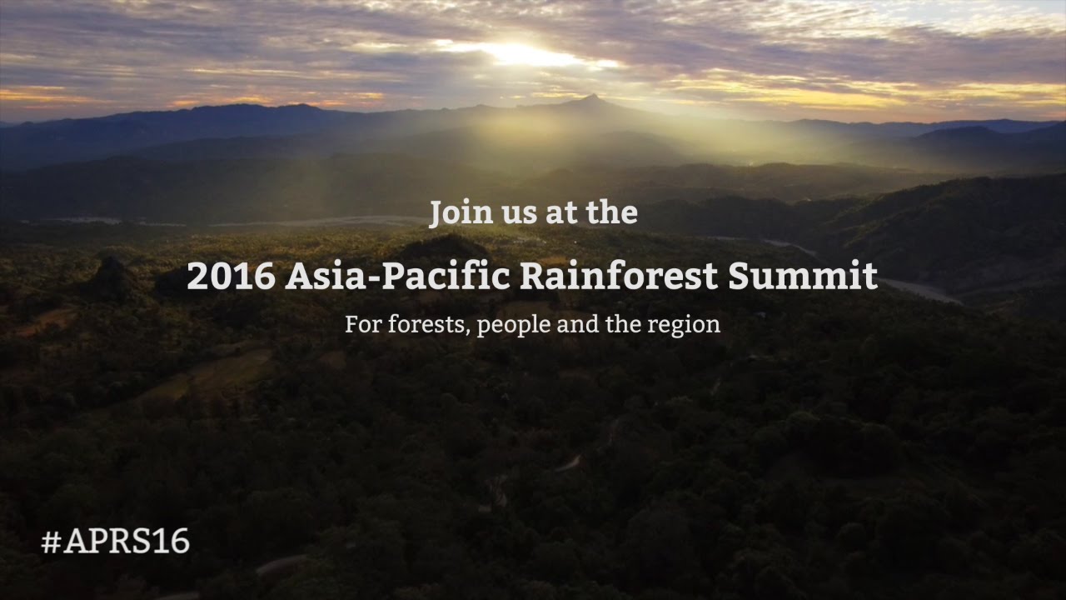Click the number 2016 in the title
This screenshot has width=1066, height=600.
click(x=231, y=277)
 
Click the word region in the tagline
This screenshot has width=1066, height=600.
click(x=688, y=325)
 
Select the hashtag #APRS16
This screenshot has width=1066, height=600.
click(x=116, y=542)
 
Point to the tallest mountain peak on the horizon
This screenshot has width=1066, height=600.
click(x=591, y=99)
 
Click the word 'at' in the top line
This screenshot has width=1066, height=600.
click(x=560, y=214)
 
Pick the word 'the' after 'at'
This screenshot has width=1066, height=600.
click(x=611, y=213)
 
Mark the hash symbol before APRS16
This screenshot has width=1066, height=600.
click(x=51, y=542)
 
